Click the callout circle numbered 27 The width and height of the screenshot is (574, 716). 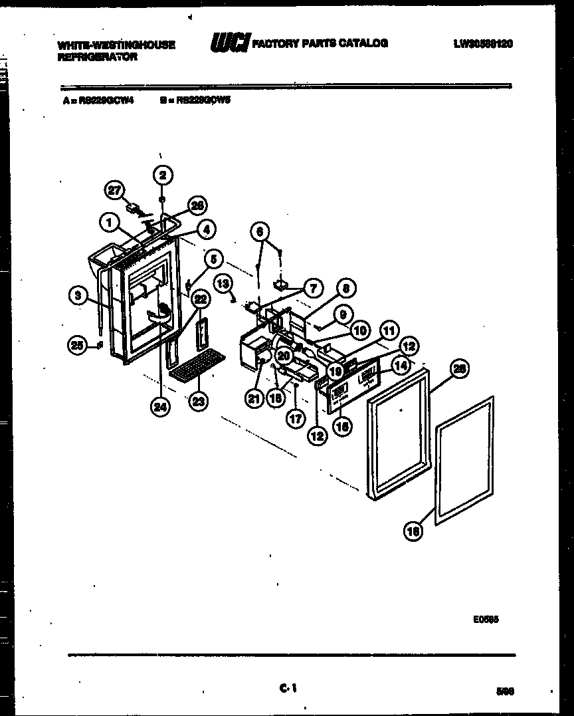(116, 190)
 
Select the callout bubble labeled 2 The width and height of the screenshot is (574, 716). (162, 175)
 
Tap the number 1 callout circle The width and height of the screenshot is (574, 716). (108, 223)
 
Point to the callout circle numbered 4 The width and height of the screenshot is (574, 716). (207, 229)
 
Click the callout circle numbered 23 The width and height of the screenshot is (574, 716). (197, 401)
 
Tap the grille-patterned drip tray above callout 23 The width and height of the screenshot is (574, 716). (197, 365)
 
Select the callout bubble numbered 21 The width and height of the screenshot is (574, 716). (254, 398)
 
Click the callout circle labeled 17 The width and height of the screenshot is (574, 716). (294, 419)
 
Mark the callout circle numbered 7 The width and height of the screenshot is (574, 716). (312, 288)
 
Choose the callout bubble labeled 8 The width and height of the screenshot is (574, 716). (346, 289)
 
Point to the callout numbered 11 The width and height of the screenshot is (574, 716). (388, 328)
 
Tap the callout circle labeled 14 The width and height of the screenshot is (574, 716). (400, 364)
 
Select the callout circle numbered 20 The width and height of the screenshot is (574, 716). (284, 356)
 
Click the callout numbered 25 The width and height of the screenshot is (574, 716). (78, 344)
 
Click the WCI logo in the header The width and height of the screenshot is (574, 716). (229, 44)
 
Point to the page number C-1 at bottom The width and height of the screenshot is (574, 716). (288, 690)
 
